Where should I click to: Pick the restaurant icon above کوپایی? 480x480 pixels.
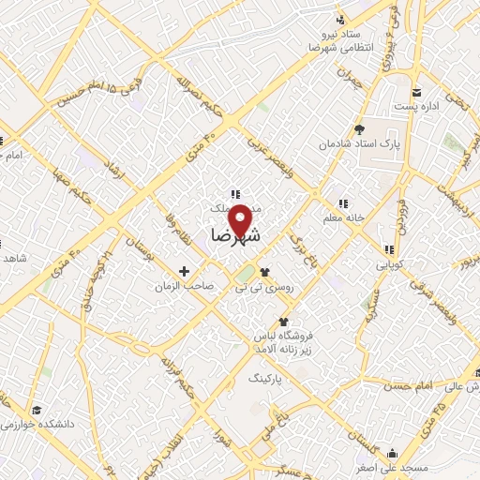388,249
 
